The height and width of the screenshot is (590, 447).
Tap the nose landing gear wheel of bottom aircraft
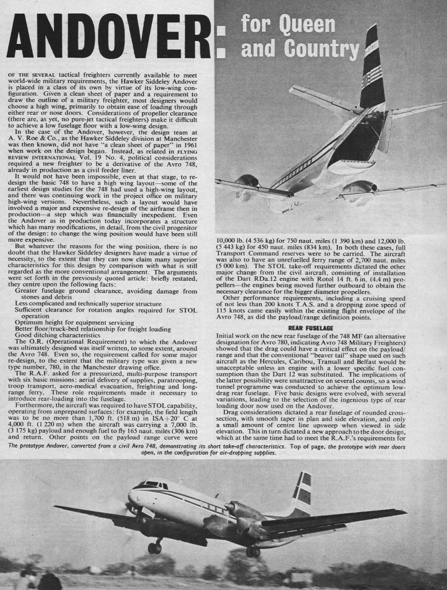[x=155, y=547]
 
